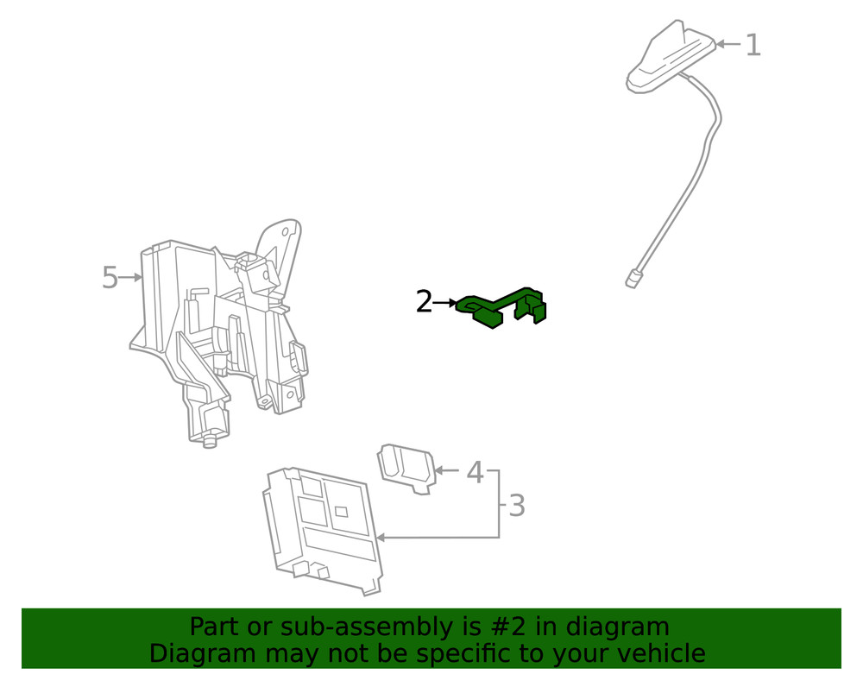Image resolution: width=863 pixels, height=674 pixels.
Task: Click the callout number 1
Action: click(x=753, y=45)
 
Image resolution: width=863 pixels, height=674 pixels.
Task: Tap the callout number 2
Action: click(x=425, y=302)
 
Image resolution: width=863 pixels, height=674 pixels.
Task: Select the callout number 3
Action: click(x=516, y=506)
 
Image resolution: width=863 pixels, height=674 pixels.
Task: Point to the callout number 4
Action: click(x=475, y=472)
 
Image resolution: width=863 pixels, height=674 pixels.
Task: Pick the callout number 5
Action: click(x=110, y=277)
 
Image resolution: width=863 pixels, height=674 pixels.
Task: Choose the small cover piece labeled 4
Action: click(x=406, y=469)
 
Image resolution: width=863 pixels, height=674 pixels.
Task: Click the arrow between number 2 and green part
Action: click(x=444, y=303)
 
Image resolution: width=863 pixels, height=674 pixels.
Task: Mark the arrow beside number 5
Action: click(x=130, y=278)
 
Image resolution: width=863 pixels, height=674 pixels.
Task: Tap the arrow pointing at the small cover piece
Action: click(x=446, y=470)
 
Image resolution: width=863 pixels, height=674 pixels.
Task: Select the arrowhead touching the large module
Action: click(x=381, y=538)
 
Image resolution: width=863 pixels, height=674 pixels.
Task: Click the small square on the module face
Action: click(x=341, y=511)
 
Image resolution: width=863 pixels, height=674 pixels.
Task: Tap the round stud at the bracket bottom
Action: click(x=209, y=441)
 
